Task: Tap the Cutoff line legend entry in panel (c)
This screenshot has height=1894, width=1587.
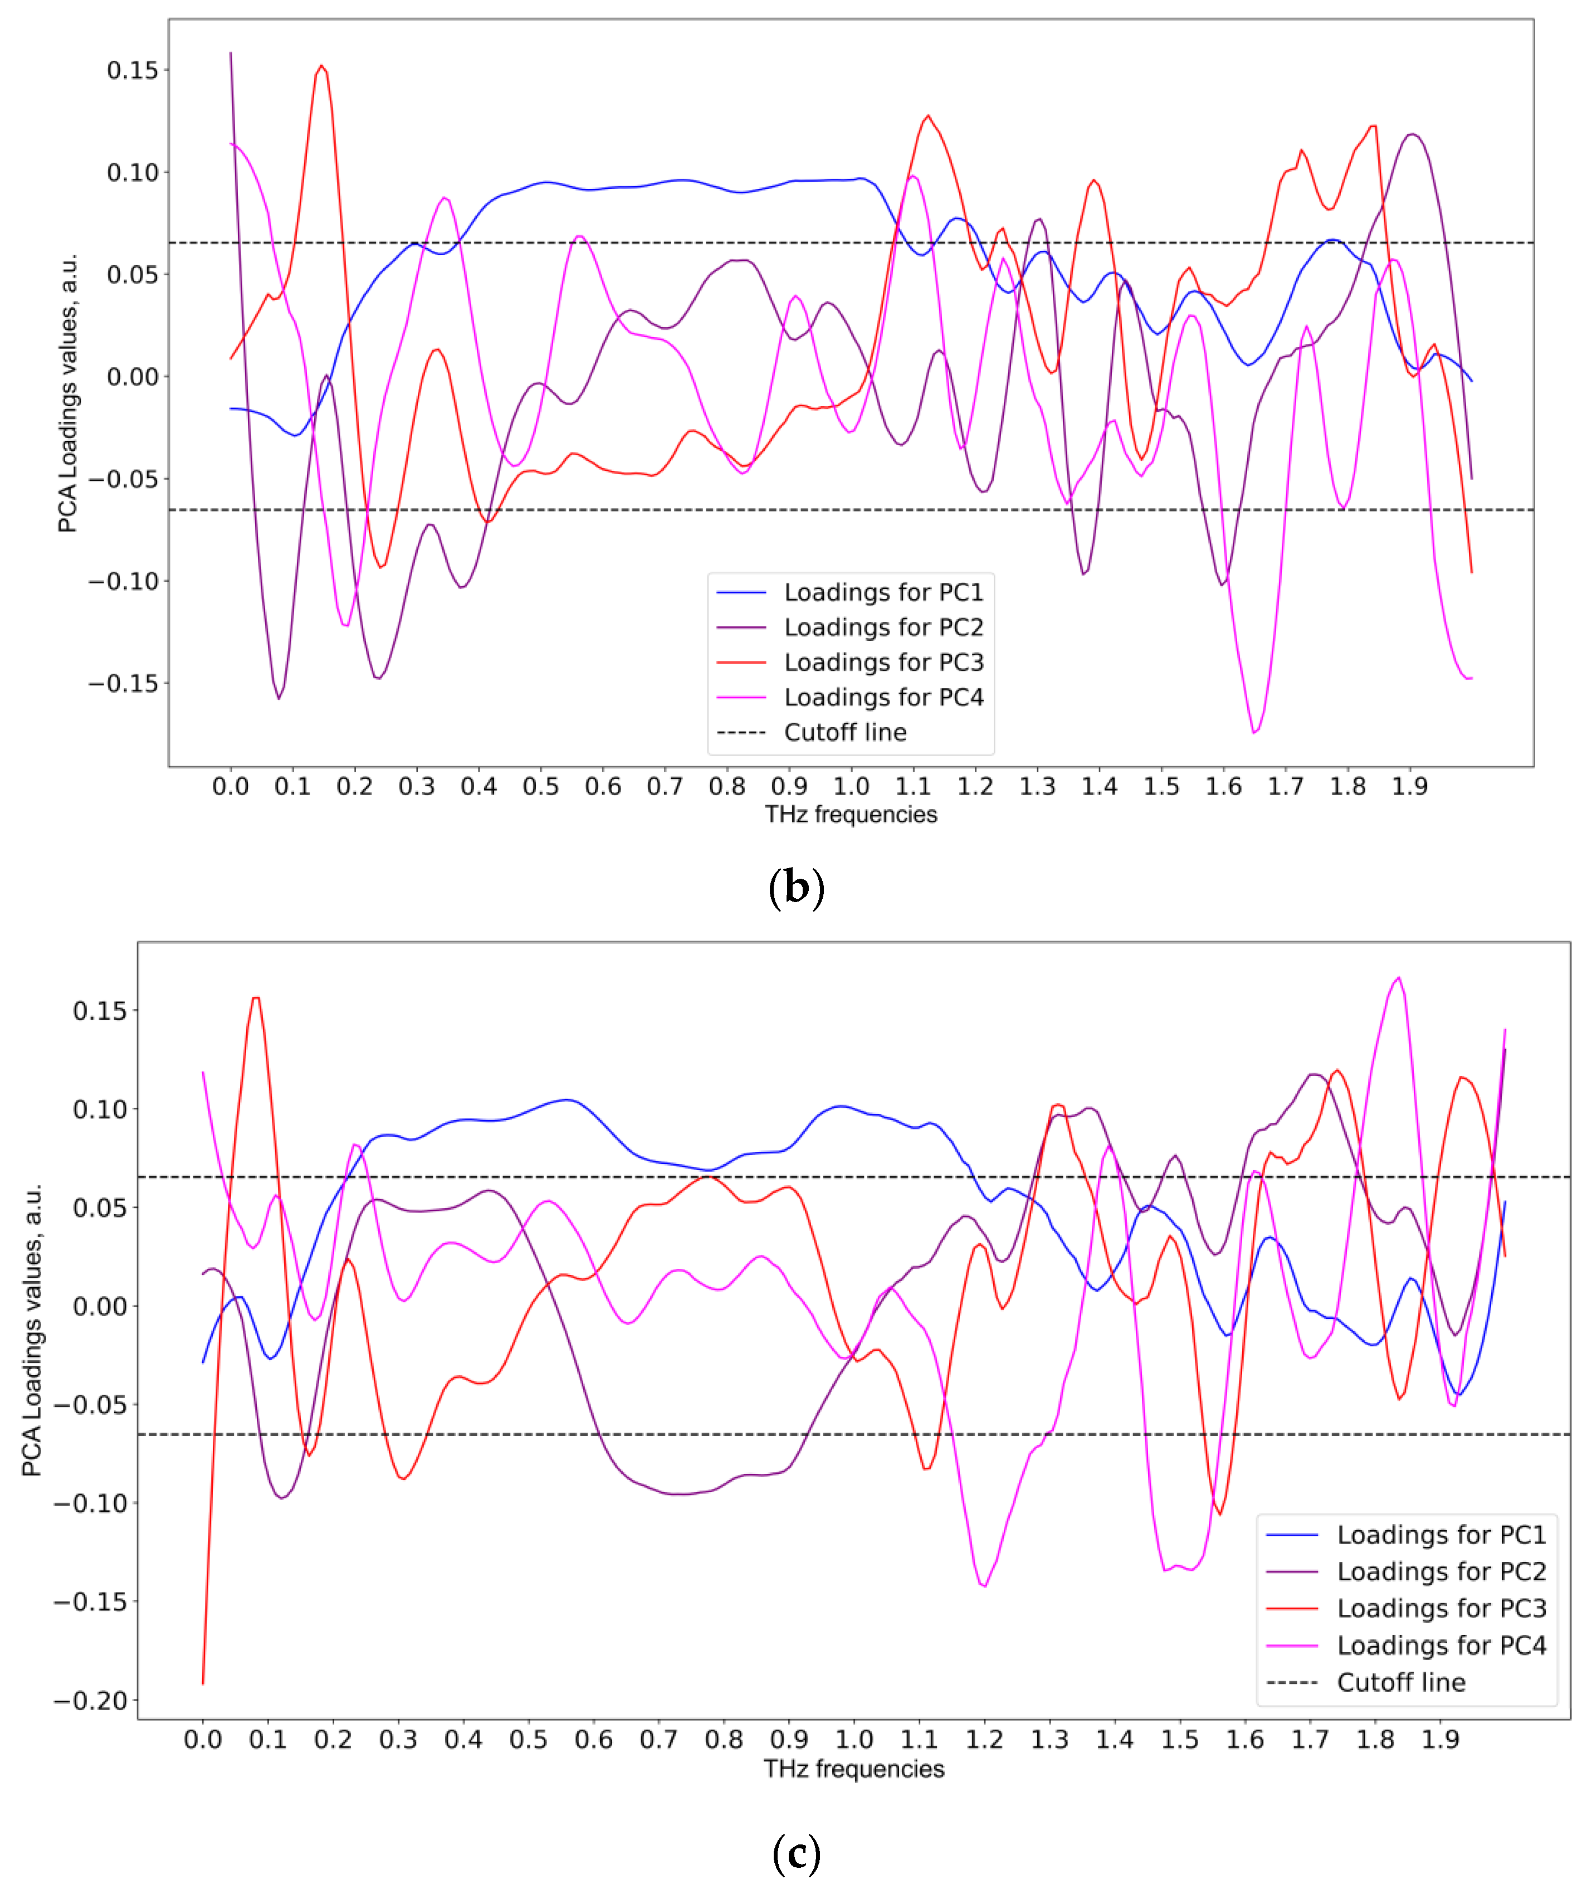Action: pyautogui.click(x=1400, y=1682)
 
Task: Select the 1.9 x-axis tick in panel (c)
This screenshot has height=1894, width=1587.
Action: pyautogui.click(x=1440, y=1739)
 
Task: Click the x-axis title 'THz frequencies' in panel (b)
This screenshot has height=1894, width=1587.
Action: pyautogui.click(x=850, y=815)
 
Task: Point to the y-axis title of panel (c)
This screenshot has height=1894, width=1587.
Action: pyautogui.click(x=32, y=1330)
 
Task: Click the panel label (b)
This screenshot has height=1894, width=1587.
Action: pyautogui.click(x=795, y=888)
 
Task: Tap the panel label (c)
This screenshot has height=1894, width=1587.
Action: pyautogui.click(x=795, y=1854)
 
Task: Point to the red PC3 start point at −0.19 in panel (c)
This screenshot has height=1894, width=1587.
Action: pyautogui.click(x=203, y=1683)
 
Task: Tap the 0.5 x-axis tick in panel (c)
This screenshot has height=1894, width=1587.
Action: pyautogui.click(x=529, y=1739)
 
